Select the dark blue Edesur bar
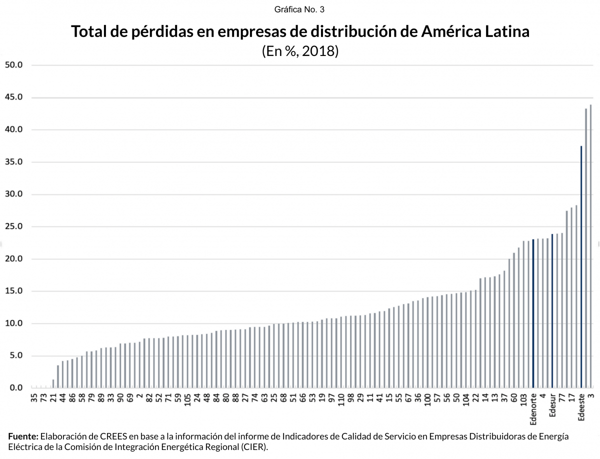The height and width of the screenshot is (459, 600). coord(552,310)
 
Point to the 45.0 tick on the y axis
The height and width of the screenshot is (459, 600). coord(13,97)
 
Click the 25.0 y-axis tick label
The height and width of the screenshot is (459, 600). coord(13,226)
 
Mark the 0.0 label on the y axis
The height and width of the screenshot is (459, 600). coord(15,388)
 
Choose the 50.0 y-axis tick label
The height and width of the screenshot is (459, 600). coord(13,65)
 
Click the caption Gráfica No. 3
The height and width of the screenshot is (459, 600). coord(300,9)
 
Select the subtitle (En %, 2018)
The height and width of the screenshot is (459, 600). coord(300,51)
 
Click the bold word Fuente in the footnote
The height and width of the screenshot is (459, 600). coord(23,436)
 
